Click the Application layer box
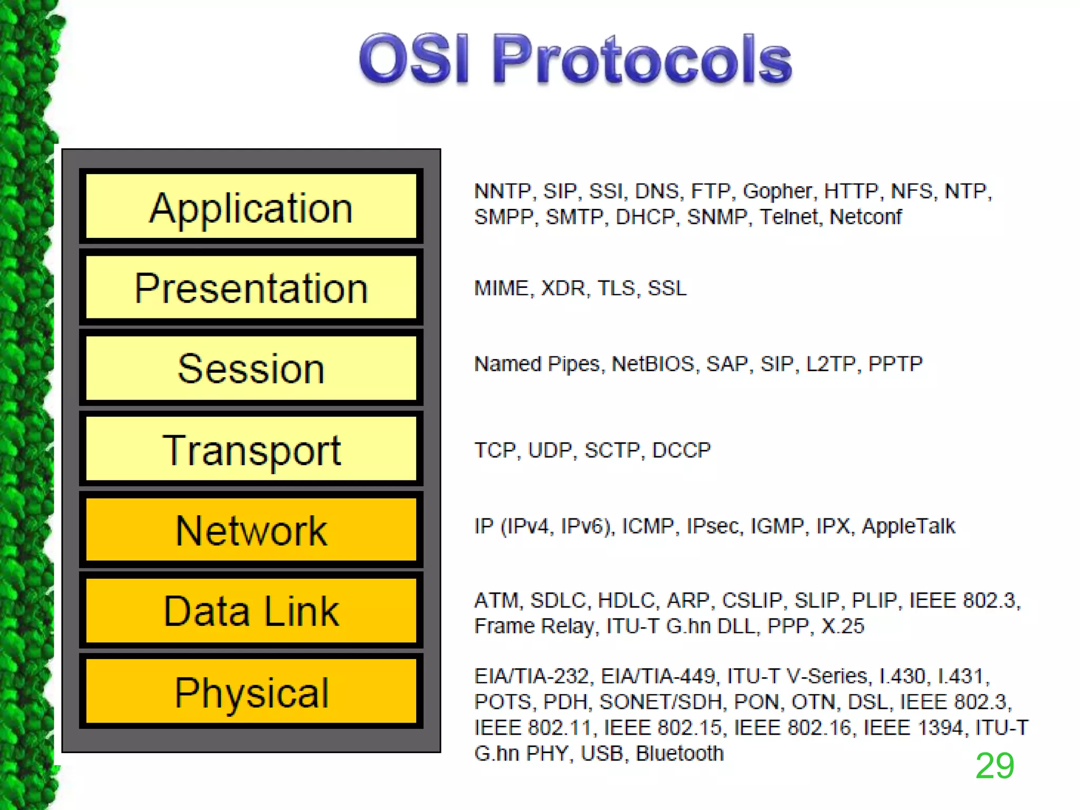click(251, 207)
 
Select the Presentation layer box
click(251, 288)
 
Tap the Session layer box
click(251, 368)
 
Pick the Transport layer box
click(251, 449)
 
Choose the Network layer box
click(251, 530)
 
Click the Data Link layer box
click(251, 611)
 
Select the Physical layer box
click(251, 692)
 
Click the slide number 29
click(995, 766)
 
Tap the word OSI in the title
click(414, 59)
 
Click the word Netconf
click(865, 217)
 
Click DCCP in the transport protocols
click(681, 450)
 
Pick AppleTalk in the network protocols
click(908, 526)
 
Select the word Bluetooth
click(679, 754)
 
